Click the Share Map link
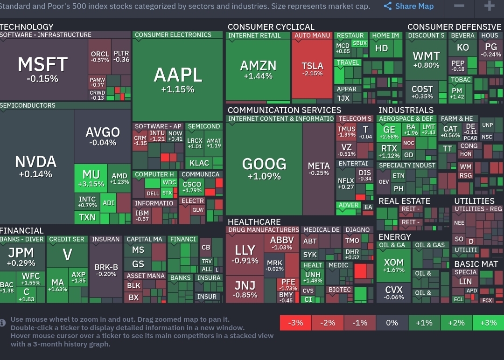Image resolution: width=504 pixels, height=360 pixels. click(x=409, y=7)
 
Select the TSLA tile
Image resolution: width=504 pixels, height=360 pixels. click(x=312, y=69)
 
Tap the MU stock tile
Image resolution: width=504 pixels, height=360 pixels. click(x=91, y=178)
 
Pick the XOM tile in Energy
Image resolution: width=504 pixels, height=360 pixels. click(x=393, y=265)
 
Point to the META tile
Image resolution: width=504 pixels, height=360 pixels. click(x=319, y=169)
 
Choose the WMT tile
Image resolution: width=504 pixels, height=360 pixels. click(x=426, y=60)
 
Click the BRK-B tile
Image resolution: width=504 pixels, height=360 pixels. click(x=106, y=270)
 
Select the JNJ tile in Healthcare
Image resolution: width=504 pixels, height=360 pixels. click(x=245, y=289)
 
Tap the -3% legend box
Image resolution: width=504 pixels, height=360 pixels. click(x=295, y=323)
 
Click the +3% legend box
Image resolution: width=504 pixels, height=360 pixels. click(x=488, y=323)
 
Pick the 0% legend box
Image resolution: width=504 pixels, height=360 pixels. click(x=392, y=323)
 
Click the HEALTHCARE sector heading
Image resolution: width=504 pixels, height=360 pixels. click(x=254, y=222)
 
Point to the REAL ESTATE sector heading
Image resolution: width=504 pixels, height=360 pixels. click(x=404, y=201)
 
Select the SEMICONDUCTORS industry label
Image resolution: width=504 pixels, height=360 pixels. click(x=28, y=105)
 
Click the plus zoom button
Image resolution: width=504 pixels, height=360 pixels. click(x=489, y=6)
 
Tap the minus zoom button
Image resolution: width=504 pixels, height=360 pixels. click(x=459, y=6)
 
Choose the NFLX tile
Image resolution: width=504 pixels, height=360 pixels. click(x=346, y=183)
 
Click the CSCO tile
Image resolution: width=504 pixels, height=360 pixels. click(x=192, y=187)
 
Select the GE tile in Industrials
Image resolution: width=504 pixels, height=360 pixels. click(x=389, y=132)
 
